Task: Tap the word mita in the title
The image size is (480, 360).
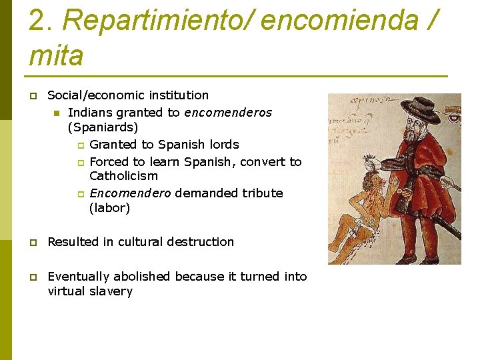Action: tap(56, 55)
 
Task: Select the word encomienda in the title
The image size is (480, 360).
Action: tap(343, 22)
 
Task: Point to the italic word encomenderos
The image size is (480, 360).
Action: tap(228, 113)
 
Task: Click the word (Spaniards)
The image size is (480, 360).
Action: tap(103, 127)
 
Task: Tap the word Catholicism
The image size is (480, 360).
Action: tap(123, 176)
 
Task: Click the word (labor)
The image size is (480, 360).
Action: tap(109, 208)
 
